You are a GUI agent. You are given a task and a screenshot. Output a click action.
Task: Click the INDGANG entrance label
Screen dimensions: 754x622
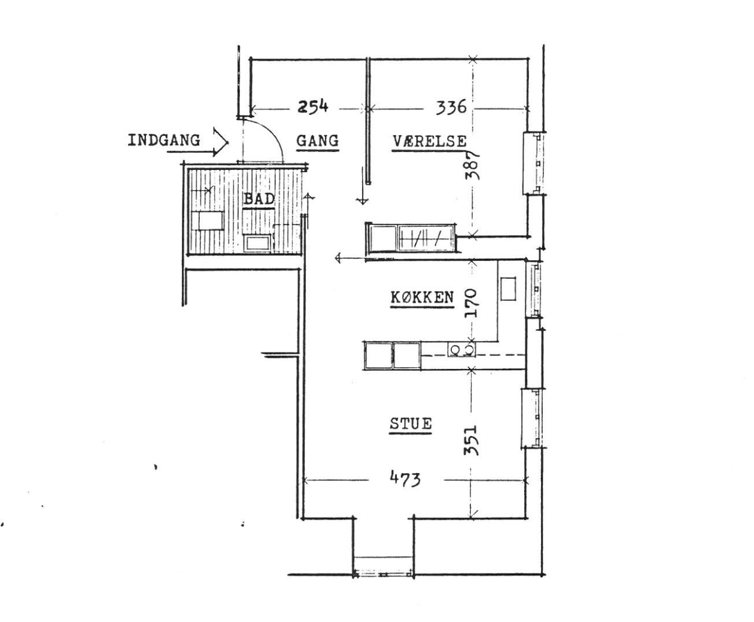pyautogui.click(x=164, y=140)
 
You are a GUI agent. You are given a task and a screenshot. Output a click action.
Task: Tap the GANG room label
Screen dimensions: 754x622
pyautogui.click(x=317, y=141)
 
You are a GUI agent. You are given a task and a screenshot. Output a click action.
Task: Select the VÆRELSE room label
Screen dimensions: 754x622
pyautogui.click(x=430, y=141)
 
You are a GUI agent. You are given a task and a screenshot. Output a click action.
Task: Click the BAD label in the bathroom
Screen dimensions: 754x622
pyautogui.click(x=259, y=199)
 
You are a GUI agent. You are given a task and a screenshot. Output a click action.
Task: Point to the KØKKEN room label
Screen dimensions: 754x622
pyautogui.click(x=422, y=297)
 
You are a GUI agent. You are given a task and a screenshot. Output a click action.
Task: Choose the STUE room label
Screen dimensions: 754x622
pyautogui.click(x=411, y=423)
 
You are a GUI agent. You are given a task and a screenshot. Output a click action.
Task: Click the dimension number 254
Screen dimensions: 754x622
pyautogui.click(x=313, y=107)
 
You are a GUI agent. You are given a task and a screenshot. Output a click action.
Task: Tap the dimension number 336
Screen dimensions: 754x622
pyautogui.click(x=451, y=107)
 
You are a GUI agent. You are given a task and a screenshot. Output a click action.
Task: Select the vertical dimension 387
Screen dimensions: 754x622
pyautogui.click(x=472, y=165)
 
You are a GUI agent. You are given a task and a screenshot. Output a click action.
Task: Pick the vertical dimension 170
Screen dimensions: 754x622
pyautogui.click(x=471, y=303)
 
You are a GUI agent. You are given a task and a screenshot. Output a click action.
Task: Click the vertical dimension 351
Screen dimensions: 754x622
pyautogui.click(x=472, y=440)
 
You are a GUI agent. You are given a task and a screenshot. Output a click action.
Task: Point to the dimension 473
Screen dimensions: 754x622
pyautogui.click(x=405, y=479)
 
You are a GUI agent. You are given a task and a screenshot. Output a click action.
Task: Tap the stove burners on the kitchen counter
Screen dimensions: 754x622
pyautogui.click(x=461, y=349)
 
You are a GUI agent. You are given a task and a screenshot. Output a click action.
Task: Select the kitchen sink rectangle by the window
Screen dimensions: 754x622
pyautogui.click(x=508, y=288)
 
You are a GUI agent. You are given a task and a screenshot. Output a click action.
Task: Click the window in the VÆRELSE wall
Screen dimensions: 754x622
pyautogui.click(x=534, y=163)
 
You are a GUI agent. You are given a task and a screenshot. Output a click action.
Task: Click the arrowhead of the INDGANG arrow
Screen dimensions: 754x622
pyautogui.click(x=221, y=142)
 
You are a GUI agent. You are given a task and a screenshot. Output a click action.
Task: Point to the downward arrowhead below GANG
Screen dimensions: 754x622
pyautogui.click(x=362, y=201)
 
